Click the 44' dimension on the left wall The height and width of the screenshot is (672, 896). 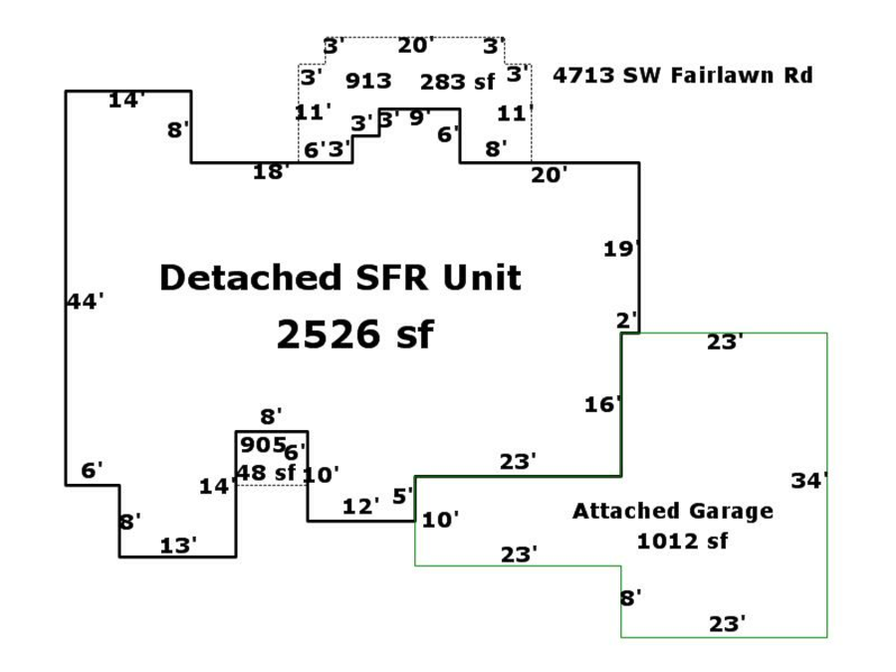pos(86,301)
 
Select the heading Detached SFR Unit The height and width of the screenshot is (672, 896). pos(339,277)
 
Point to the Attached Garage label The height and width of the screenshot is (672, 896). pos(672,511)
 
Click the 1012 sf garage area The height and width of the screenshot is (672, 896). pos(682,542)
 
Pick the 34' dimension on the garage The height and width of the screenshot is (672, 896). pos(809,481)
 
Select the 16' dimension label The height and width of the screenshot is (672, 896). pos(602,404)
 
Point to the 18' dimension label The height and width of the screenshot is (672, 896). pos(271,171)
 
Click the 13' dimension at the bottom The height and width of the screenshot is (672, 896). pos(178,546)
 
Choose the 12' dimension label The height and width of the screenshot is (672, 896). pos(361,506)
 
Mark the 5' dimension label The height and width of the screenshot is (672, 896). pos(402,495)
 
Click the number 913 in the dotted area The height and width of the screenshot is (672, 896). pos(368,82)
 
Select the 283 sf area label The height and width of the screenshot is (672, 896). pos(457,82)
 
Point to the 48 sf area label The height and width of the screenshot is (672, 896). pos(265,473)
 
